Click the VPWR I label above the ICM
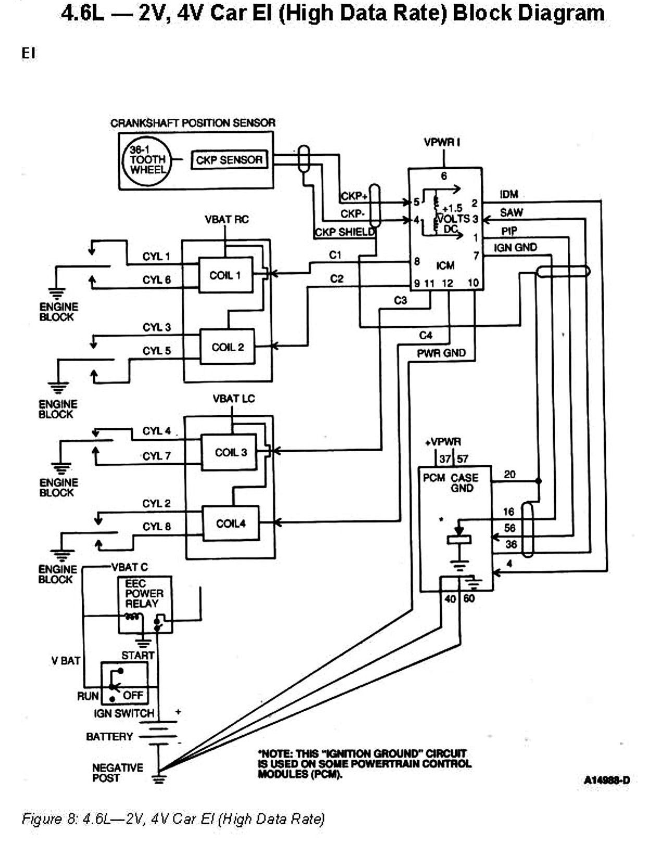pyautogui.click(x=442, y=142)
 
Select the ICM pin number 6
pyautogui.click(x=444, y=176)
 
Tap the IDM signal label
pyautogui.click(x=509, y=194)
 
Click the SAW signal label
pyautogui.click(x=511, y=213)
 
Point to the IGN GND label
pyautogui.click(x=515, y=247)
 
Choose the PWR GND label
pyautogui.click(x=441, y=353)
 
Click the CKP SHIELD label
pyautogui.click(x=345, y=232)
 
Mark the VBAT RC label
pyautogui.click(x=227, y=219)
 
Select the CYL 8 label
pyautogui.click(x=156, y=527)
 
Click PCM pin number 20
pyautogui.click(x=509, y=474)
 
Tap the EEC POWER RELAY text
pyautogui.click(x=144, y=593)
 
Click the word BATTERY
pyautogui.click(x=109, y=737)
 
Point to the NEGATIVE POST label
pyautogui.click(x=117, y=773)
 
